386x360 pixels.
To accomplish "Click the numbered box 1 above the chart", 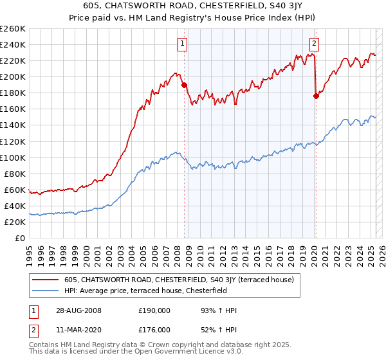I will coord(183,44).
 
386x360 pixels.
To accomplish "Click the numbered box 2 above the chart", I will coord(314,44).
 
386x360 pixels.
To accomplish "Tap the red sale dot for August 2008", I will coord(184,84).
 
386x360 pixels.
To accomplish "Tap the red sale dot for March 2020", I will coord(316,96).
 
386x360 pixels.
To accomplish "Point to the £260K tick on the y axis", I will coord(13,28).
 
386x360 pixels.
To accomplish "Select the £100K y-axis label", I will coord(13,157).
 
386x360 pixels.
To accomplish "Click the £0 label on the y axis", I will coord(20,238).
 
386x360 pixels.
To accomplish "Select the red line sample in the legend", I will coord(47,280).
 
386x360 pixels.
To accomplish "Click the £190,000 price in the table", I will coord(154,311).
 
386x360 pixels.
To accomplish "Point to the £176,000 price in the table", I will coord(154,330).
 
